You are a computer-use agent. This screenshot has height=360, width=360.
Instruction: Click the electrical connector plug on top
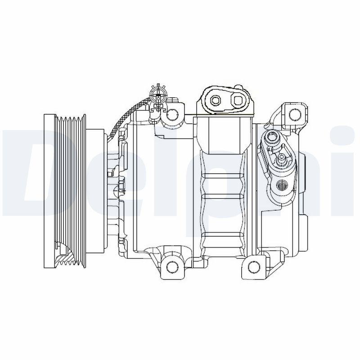[x=158, y=96]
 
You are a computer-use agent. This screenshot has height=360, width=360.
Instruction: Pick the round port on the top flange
[x=216, y=99]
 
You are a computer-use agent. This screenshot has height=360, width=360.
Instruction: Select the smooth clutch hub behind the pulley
[x=96, y=189]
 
